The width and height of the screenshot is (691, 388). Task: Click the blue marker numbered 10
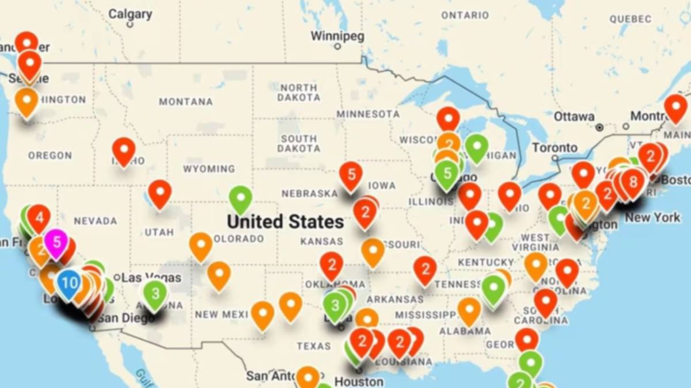pos(69,283)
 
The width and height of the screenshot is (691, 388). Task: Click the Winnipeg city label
pos(337,36)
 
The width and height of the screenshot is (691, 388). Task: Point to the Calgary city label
pos(130,13)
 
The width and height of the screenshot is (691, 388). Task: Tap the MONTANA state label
pos(185,102)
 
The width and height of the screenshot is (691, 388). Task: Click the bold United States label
pos(285,221)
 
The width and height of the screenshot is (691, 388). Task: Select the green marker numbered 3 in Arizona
pos(155,293)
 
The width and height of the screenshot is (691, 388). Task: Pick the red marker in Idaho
pos(124,149)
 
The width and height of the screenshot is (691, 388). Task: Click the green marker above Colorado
pos(241,198)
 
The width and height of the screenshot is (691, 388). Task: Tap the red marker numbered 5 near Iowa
pos(351,174)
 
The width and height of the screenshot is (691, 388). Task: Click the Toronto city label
pos(555,148)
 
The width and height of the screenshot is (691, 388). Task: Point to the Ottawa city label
pos(574,117)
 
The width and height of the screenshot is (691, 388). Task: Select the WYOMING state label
pos(209,169)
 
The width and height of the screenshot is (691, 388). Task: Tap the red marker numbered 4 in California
pos(39,217)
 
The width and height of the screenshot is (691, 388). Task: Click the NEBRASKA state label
pos(309,193)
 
